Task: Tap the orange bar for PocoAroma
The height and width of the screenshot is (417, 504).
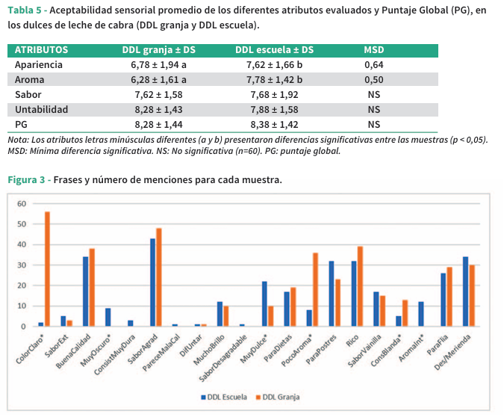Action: (315, 289)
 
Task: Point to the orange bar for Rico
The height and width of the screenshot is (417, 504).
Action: (360, 286)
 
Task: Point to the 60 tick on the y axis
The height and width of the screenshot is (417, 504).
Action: (22, 204)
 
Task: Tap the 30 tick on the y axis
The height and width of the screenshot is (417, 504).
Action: (22, 265)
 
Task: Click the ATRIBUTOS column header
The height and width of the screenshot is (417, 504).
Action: (42, 50)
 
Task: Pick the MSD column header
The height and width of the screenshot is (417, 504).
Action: (373, 50)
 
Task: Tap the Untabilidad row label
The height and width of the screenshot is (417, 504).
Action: (41, 109)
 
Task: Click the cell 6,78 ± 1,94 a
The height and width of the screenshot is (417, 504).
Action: (158, 65)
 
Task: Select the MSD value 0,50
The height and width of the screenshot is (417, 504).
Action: (373, 80)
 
